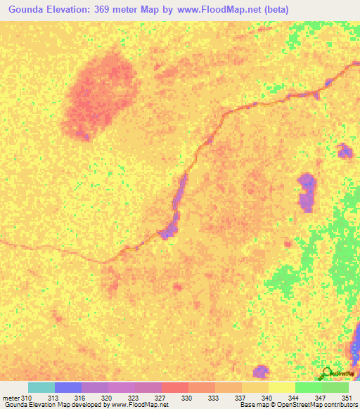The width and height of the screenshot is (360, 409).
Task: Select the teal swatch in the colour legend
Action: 41,388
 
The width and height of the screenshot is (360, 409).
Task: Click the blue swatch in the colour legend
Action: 68,388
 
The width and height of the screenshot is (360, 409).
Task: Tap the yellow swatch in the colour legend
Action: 281,388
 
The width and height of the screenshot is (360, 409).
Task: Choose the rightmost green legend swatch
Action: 335,388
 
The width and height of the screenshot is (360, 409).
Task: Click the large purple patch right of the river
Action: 307,193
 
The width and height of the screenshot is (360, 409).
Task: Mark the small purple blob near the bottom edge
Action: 260,370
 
